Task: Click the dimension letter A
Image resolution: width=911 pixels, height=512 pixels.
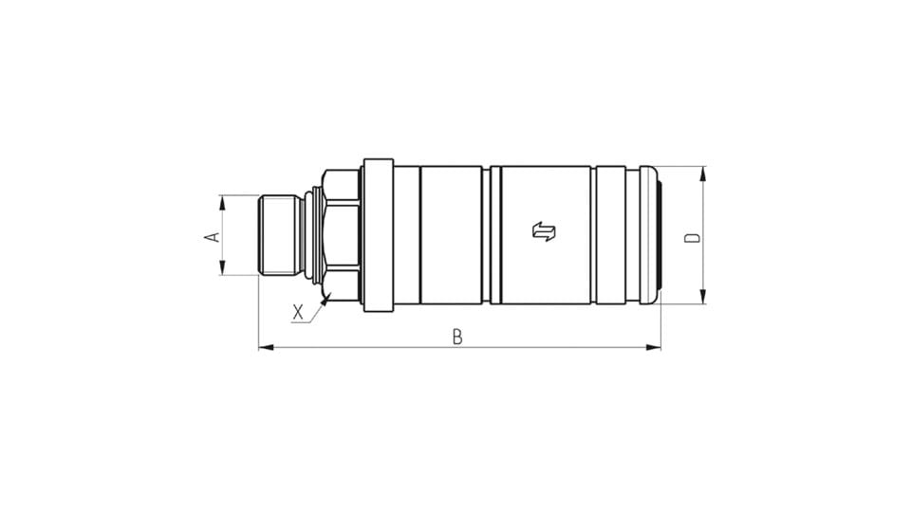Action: pos(214,237)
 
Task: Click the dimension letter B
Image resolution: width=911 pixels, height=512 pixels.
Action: pos(457,337)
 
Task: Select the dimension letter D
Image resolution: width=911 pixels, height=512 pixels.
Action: pos(693,237)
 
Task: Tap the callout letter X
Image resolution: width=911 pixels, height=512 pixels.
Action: pos(298,312)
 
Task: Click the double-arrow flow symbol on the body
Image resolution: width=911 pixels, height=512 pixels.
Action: pos(544,231)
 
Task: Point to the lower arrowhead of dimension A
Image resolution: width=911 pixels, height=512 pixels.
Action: pos(221,267)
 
